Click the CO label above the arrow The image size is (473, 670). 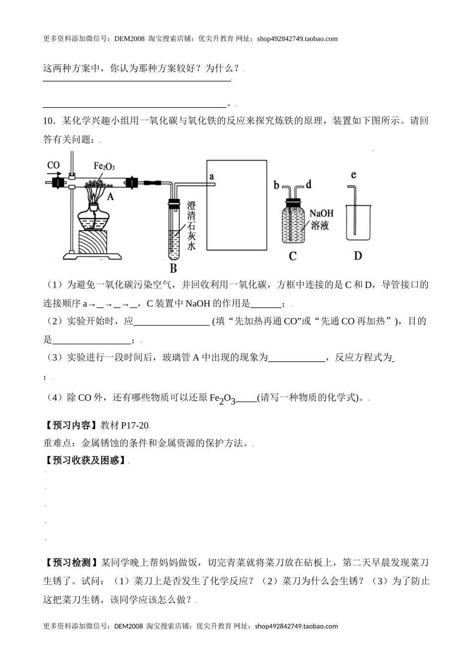click(53, 165)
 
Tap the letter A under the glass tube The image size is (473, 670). click(111, 197)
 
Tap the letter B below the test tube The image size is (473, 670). click(173, 269)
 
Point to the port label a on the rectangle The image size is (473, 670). click(212, 176)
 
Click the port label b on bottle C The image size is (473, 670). click(277, 185)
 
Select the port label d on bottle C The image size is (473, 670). click(308, 185)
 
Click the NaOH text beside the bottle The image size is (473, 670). click(321, 213)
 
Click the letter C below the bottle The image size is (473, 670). click(292, 256)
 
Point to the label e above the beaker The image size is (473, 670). click(354, 174)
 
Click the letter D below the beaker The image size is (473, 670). click(357, 256)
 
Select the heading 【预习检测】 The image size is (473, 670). click(71, 563)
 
